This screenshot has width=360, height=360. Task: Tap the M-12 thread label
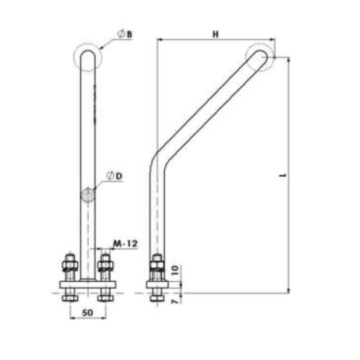pyautogui.click(x=124, y=243)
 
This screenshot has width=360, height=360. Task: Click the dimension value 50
pyautogui.click(x=88, y=312)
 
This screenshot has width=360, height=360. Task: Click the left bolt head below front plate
pyautogui.click(x=70, y=298)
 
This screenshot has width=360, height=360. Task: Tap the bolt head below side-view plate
pyautogui.click(x=157, y=298)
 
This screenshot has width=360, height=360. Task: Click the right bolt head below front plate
pyautogui.click(x=106, y=298)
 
